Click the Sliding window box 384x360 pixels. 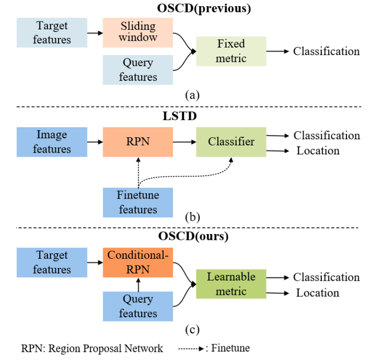(x=138, y=32)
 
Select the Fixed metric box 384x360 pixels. (x=231, y=51)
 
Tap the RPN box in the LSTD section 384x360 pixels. (x=138, y=142)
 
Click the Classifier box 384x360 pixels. (x=231, y=142)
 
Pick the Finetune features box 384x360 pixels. (x=138, y=202)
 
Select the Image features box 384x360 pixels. (x=52, y=142)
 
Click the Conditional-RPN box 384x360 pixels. (x=138, y=262)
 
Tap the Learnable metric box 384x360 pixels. (x=231, y=284)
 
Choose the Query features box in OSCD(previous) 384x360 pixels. (x=138, y=69)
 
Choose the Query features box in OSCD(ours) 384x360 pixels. (x=138, y=306)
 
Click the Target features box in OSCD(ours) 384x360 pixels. (x=52, y=262)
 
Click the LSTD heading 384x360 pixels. (x=192, y=116)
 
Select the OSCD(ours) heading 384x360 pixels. (x=192, y=236)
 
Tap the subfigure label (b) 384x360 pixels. (x=192, y=218)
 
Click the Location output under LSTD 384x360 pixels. (x=318, y=151)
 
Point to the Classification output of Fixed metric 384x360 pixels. (x=326, y=51)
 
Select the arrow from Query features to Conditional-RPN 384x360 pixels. (x=138, y=285)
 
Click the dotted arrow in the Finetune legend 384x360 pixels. (x=192, y=349)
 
